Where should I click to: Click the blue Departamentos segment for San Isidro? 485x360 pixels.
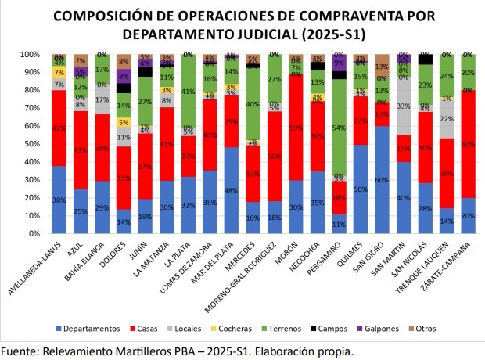(x=382, y=179)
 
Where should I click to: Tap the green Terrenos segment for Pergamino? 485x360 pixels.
(x=338, y=127)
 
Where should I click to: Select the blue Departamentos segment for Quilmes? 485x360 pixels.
(x=360, y=189)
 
